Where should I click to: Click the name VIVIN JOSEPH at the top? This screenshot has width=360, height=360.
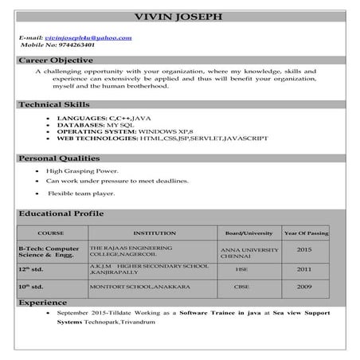[180, 16]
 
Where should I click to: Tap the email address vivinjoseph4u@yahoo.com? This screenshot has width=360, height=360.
[88, 37]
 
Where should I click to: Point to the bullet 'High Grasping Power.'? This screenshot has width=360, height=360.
[82, 170]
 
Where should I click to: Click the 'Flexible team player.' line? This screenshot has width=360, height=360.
[82, 193]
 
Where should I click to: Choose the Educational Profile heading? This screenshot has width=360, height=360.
[61, 214]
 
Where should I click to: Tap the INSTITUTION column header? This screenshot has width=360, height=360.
[154, 233]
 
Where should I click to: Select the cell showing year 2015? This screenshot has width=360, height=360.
[303, 249]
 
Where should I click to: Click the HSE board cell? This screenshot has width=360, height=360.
[241, 269]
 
